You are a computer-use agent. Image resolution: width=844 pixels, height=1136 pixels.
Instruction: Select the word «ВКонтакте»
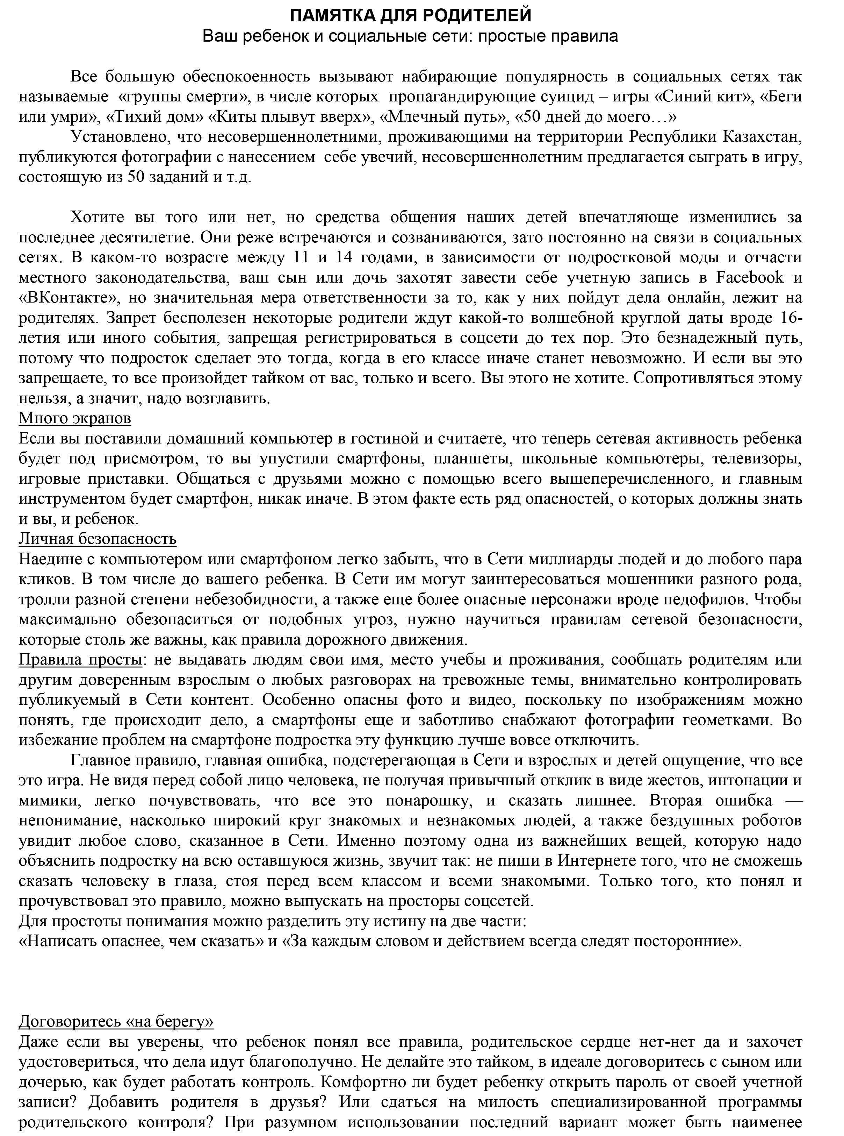67,298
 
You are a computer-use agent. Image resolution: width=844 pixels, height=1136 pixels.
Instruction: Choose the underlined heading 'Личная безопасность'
98,539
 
